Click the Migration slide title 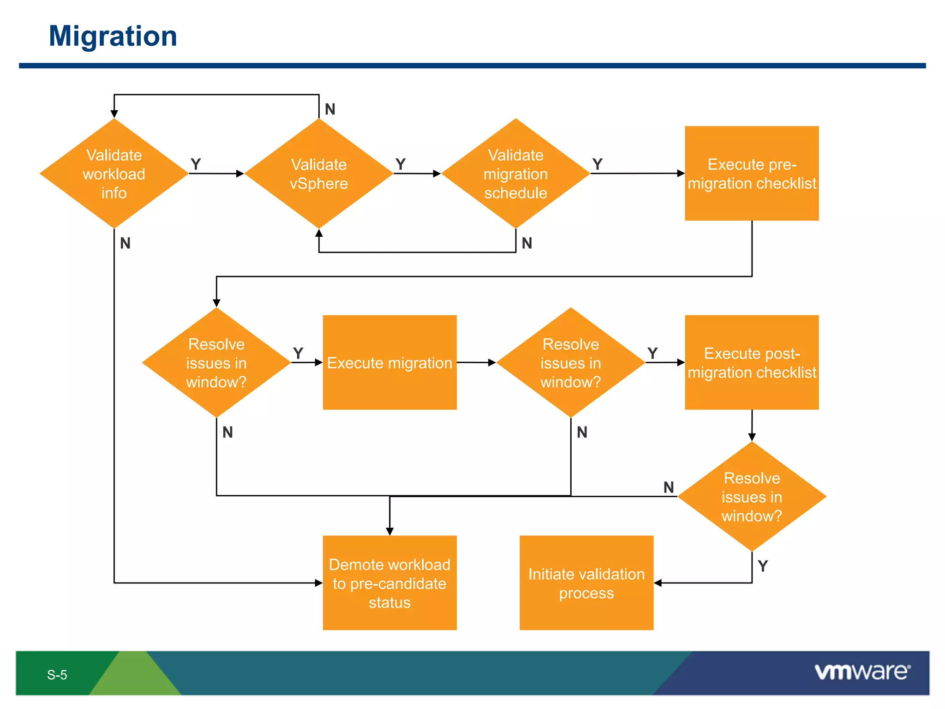[113, 36]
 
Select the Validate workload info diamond [114, 174]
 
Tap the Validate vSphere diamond [319, 174]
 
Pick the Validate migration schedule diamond [515, 174]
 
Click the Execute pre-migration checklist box [752, 174]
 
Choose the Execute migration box [389, 363]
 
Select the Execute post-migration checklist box [752, 363]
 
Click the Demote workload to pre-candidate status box [389, 583]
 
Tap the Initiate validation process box [586, 583]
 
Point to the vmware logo [862, 672]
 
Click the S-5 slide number [57, 675]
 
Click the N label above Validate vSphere [330, 109]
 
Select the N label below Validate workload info [125, 243]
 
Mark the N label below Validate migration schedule [527, 243]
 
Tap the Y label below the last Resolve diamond [763, 566]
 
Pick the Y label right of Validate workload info [196, 164]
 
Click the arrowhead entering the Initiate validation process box [658, 583]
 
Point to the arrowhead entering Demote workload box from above [389, 532]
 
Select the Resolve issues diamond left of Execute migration [216, 363]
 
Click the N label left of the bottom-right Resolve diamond [669, 487]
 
